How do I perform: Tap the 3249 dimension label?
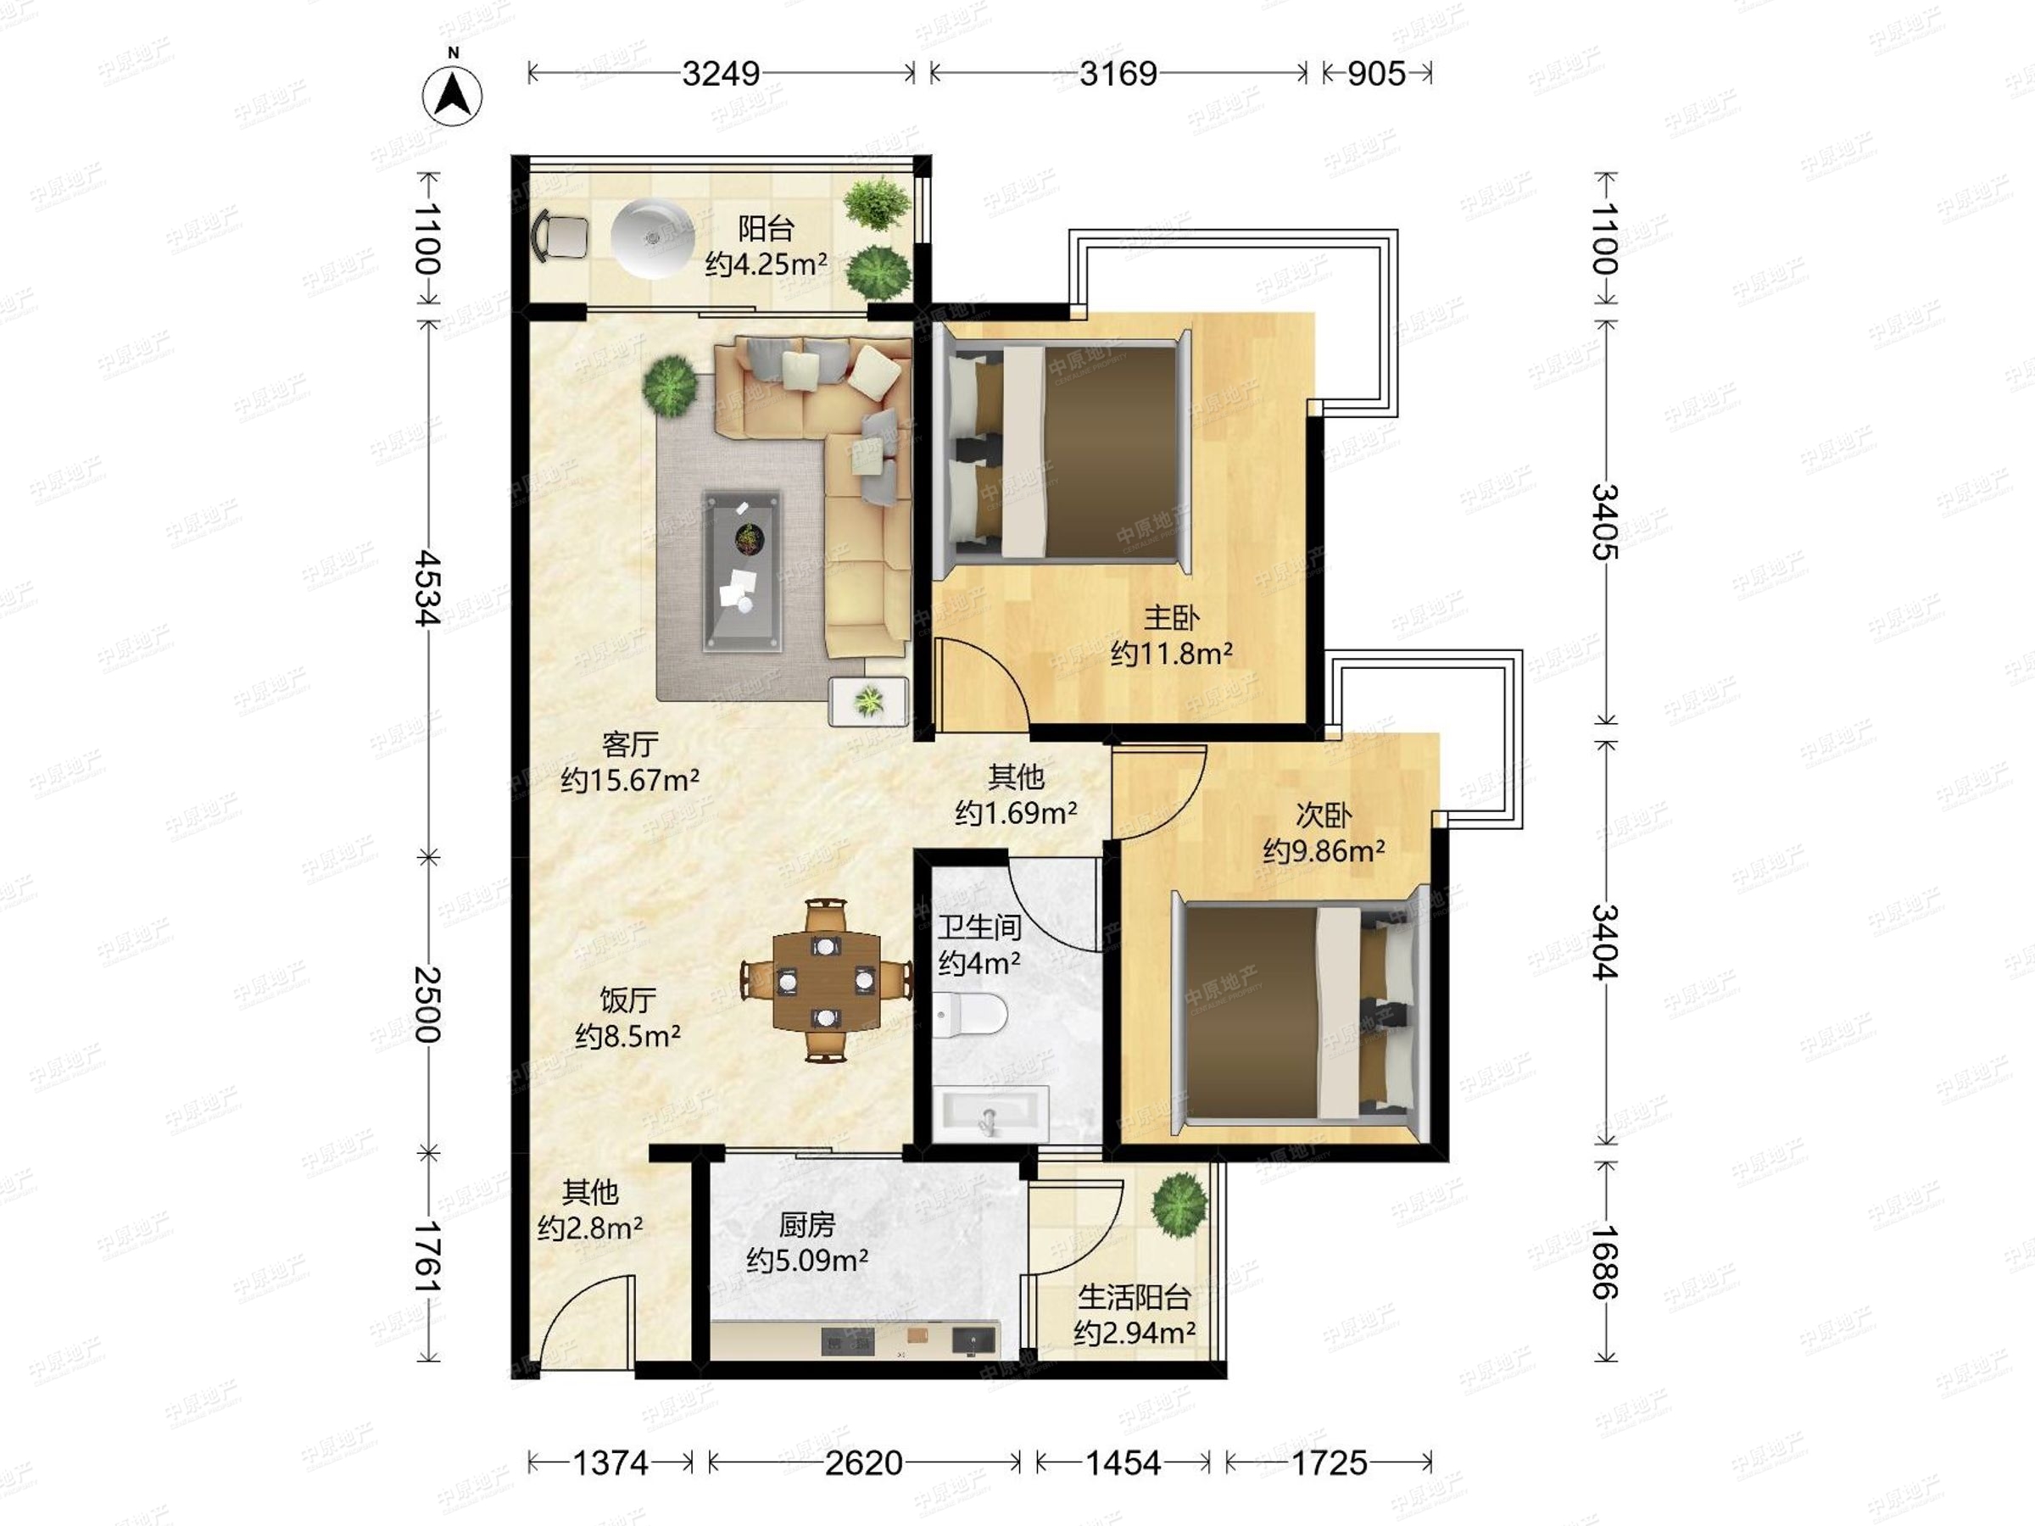click(x=722, y=74)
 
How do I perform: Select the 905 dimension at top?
click(x=1376, y=74)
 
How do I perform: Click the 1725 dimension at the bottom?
click(x=1330, y=1462)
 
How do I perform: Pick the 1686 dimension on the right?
click(x=1604, y=1261)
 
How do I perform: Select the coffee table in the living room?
click(x=742, y=571)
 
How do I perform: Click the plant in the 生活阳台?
click(x=1179, y=1205)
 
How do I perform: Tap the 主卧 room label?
click(x=1171, y=616)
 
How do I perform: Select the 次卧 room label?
click(x=1323, y=815)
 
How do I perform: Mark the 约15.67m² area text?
click(x=630, y=780)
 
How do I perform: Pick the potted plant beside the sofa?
click(x=670, y=386)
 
